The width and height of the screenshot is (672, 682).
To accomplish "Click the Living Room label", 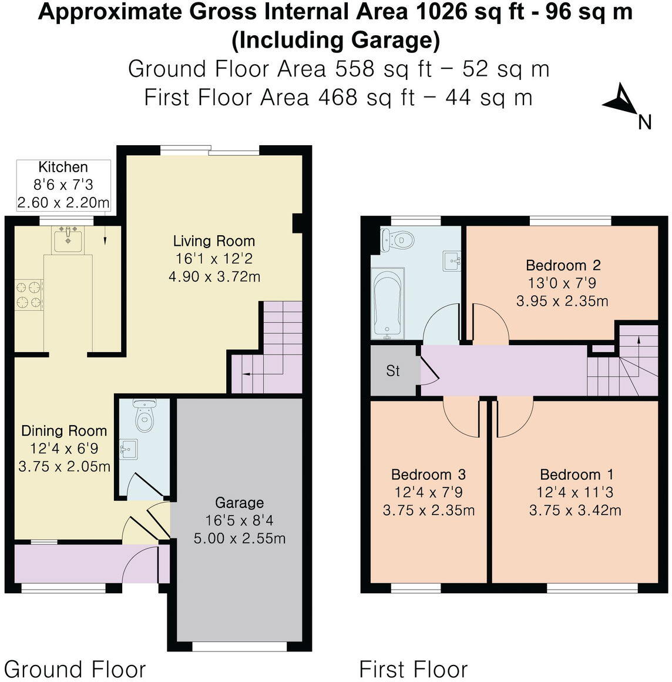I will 214,241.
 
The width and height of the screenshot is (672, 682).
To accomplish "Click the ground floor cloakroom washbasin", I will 127,450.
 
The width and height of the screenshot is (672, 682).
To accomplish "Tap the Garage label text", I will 239,503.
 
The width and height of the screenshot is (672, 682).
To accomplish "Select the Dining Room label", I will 64,431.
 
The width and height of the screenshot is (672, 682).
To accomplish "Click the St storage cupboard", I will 393,371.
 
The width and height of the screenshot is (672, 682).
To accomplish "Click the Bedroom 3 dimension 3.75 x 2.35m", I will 429,510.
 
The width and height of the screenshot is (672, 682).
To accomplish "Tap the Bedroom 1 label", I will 577,474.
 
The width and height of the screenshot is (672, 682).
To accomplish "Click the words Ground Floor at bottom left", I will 75,669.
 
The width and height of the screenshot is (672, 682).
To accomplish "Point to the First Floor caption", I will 413,669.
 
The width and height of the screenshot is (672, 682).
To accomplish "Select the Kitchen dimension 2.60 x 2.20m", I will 63,203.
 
